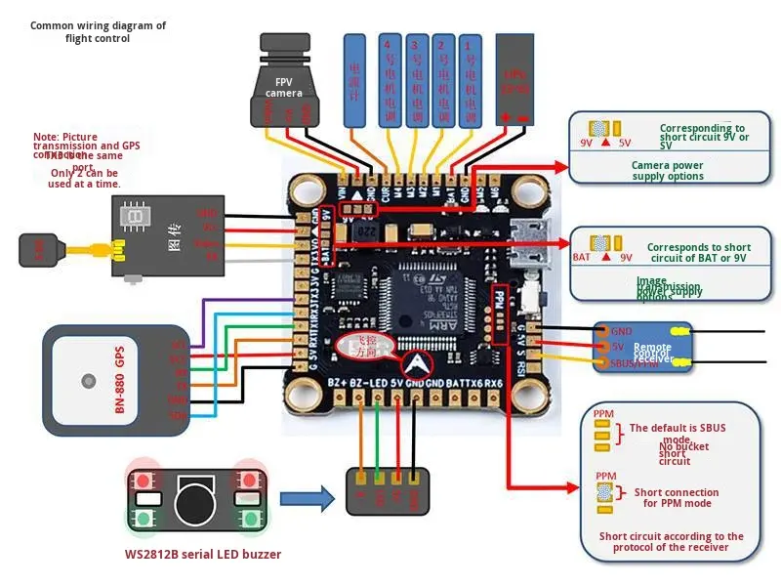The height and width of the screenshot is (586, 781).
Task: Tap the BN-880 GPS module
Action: [102, 380]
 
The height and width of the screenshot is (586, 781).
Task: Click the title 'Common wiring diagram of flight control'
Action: [98, 32]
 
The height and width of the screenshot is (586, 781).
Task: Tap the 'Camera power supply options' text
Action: [667, 171]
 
